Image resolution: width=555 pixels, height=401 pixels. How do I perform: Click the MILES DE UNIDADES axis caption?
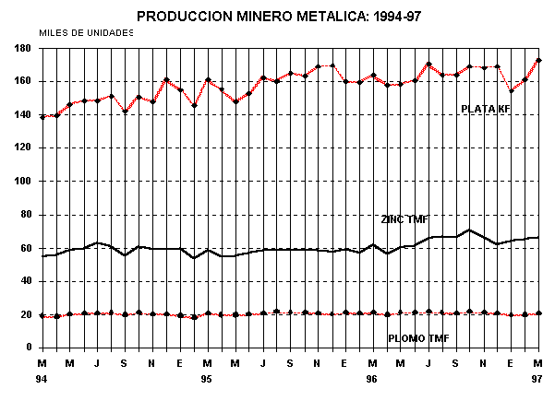[86, 32]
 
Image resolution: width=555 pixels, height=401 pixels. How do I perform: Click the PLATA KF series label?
[486, 109]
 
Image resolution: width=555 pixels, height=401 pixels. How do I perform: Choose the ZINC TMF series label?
[405, 219]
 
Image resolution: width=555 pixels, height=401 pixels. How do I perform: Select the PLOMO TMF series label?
[418, 339]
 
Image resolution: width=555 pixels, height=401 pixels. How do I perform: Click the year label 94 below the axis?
[42, 379]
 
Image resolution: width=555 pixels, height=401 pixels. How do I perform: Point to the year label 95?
[207, 379]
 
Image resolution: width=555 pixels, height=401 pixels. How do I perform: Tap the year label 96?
[372, 379]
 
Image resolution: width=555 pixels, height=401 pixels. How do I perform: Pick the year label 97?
[538, 379]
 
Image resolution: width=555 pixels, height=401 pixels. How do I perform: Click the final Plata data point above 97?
[538, 61]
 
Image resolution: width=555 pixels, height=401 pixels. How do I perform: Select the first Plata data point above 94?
[42, 117]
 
